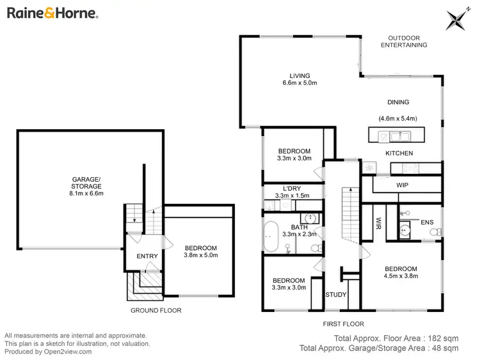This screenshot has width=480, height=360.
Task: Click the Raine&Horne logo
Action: (x=52, y=13)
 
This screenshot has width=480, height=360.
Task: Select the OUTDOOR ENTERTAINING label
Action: (x=404, y=42)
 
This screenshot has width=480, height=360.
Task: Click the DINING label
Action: (x=398, y=102)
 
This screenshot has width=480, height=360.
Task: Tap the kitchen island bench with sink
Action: (x=396, y=135)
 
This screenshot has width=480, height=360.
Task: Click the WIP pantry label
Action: (x=403, y=185)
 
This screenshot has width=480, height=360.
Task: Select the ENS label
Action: (x=427, y=222)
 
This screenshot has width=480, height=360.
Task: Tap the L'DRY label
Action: (x=292, y=189)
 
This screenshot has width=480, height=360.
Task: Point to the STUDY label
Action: (x=335, y=295)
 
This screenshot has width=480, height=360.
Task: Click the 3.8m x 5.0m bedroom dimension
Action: (x=202, y=256)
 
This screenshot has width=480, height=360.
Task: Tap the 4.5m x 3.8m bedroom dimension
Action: (x=401, y=276)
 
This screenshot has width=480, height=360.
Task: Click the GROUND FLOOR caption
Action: (x=156, y=310)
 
